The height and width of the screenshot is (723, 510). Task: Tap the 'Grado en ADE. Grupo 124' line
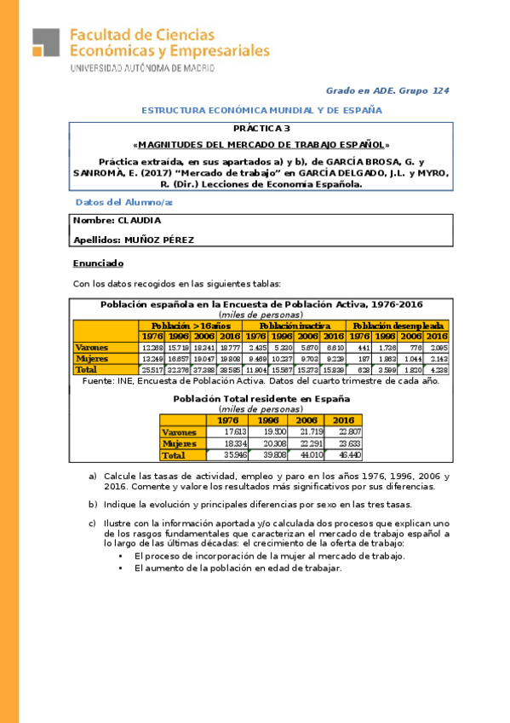[387, 90]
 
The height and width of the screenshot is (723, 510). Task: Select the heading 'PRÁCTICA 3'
[261, 129]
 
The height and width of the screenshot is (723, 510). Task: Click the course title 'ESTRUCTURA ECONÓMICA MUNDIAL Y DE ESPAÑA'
[261, 111]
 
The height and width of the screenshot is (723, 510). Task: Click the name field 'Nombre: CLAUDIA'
[117, 221]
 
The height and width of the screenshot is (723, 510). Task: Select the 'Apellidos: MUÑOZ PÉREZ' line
[134, 240]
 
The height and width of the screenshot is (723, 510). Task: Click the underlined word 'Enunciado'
[98, 263]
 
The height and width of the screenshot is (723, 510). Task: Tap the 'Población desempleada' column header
[398, 326]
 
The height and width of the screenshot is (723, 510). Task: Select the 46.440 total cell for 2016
[343, 456]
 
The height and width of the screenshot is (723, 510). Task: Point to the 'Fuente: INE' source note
[261, 381]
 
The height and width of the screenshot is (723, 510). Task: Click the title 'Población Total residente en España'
[261, 398]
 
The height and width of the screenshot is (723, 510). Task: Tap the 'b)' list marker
[93, 504]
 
